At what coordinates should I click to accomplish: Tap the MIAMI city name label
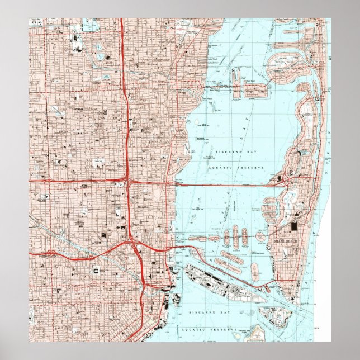(x=142, y=206)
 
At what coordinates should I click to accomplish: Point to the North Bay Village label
(x=246, y=90)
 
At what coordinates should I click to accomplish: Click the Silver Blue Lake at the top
(x=89, y=25)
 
